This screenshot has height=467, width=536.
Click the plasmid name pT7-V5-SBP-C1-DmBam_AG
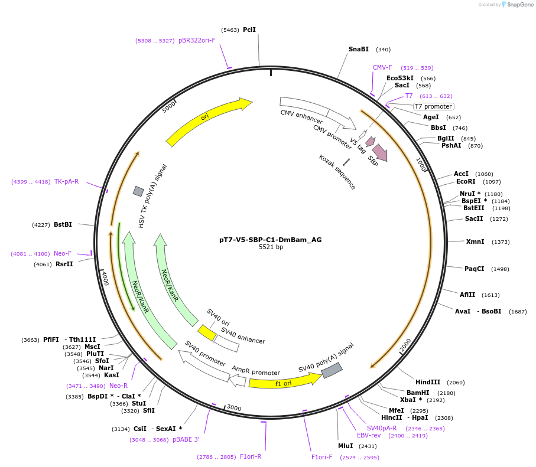coord(270,240)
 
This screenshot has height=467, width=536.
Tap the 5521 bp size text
coord(271,247)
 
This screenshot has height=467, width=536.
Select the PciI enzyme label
coord(249,30)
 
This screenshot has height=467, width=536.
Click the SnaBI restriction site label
coord(358,50)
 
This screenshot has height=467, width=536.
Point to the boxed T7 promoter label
coord(433,107)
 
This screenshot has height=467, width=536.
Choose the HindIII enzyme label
coord(428,382)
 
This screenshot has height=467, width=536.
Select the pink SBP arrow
coord(379,152)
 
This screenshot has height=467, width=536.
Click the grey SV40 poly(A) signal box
coord(332,370)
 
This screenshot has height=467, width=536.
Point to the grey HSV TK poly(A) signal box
coord(138,191)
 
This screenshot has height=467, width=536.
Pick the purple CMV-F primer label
coord(382,67)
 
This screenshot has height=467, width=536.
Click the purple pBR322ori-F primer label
coord(197,41)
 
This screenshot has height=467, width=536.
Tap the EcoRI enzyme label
coord(466,182)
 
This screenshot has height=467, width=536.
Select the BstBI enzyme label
coord(63,224)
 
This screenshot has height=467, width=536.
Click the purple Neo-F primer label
coord(63,253)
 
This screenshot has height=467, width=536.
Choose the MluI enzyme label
coord(345,446)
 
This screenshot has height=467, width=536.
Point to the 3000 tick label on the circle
coord(235,408)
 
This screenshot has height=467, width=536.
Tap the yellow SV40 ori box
coord(207,333)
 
